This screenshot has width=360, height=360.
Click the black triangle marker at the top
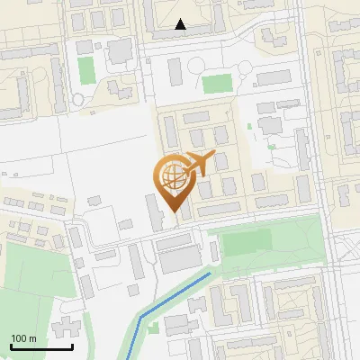click(181, 25)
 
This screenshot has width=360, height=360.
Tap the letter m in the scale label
click(33, 338)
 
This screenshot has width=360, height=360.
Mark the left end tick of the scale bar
click(12, 346)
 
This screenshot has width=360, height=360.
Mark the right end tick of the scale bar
click(72, 346)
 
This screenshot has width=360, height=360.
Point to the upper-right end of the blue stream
click(211, 272)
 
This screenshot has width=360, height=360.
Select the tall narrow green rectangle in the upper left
click(86, 68)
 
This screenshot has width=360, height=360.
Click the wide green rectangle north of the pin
click(217, 84)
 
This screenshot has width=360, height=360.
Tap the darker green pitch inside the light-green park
click(246, 242)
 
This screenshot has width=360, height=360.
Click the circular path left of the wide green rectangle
click(176, 66)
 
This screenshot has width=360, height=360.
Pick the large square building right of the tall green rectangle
click(119, 51)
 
